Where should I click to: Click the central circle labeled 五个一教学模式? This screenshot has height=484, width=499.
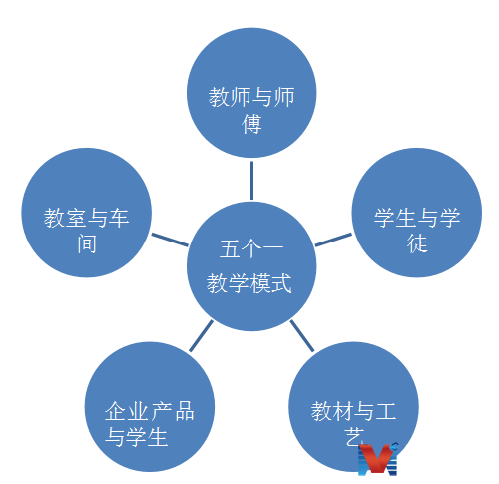point(251,266)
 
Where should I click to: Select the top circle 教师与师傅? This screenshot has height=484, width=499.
point(251,93)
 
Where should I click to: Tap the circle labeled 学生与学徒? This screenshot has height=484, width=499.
point(417,213)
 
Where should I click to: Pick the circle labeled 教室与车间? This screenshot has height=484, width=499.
point(87,213)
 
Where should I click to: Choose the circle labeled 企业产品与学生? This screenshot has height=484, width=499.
point(150,407)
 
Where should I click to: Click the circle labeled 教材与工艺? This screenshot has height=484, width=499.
point(353,407)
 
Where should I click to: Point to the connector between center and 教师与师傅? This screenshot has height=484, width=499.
point(251,181)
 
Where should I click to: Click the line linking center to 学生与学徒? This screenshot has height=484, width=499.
point(333,240)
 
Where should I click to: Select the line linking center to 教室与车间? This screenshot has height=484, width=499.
point(170,240)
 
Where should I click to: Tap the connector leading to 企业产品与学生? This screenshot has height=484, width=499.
point(201,336)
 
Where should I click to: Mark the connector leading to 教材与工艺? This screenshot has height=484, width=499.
point(302,336)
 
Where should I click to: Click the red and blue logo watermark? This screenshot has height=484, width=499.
point(378,459)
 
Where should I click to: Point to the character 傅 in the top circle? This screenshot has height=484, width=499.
point(251,124)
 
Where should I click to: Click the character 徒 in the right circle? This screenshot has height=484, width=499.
point(417,243)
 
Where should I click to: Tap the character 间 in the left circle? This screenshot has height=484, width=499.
point(87,243)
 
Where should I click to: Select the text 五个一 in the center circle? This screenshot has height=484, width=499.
point(251,248)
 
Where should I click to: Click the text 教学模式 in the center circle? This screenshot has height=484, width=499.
point(249,283)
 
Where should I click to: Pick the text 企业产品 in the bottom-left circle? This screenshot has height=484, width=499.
point(150,411)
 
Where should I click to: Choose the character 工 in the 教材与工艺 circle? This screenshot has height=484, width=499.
point(386,411)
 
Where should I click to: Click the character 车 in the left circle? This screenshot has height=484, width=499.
point(119,218)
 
